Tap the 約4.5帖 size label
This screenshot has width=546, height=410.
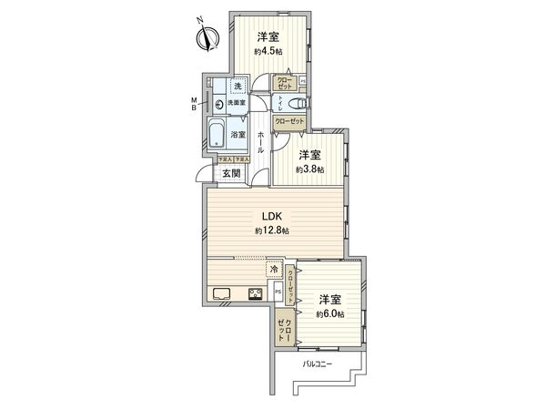point(268,52)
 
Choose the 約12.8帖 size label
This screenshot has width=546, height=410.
point(272,232)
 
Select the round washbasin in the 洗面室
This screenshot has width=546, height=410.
point(219,104)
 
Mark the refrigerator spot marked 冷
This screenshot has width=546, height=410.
point(273,269)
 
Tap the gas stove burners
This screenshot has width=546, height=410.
point(256,292)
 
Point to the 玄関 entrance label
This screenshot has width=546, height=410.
point(230,173)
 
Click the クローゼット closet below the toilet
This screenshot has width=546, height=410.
point(290,119)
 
